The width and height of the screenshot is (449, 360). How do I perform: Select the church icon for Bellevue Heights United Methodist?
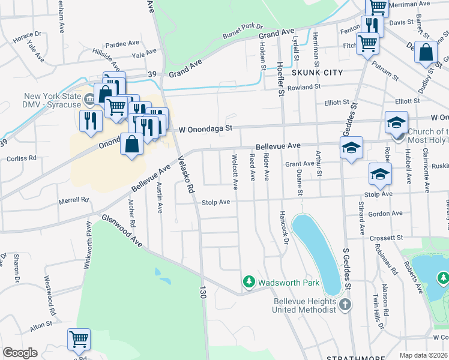coord(345,305)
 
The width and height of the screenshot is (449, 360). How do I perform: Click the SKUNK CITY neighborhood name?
coord(317,73)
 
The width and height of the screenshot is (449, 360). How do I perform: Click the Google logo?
coord(20,353)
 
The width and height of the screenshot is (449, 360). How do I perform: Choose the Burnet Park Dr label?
coord(243,30)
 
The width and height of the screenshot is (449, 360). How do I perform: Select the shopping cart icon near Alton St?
coord(79,340)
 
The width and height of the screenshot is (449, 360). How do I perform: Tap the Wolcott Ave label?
coord(235,170)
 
